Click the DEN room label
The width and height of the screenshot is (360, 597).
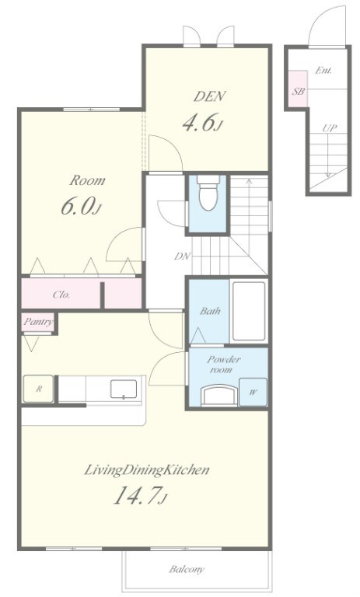coord(209,96)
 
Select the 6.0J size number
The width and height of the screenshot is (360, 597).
coord(81,206)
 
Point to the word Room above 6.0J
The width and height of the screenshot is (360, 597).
coord(87,180)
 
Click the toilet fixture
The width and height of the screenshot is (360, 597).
coord(208,192)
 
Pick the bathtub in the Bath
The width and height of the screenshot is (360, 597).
coord(249,311)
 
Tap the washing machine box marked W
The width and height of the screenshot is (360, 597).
coord(253,392)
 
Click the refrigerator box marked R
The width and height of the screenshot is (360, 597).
coord(38,389)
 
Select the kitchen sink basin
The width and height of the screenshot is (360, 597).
coord(124,389)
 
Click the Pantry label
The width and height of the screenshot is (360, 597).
coord(38,322)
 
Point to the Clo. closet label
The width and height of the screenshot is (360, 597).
coord(61,295)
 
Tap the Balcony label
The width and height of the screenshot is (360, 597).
coord(187,569)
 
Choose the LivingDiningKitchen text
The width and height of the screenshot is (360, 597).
coord(146,470)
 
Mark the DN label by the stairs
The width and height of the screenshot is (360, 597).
coord(182,257)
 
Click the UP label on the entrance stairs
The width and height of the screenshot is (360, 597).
coord(330,128)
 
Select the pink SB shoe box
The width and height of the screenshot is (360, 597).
coord(298,89)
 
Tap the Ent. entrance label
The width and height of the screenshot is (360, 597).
coord(323,71)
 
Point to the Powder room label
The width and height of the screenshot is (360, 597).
coord(224,365)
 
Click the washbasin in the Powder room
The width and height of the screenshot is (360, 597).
coord(219,395)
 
